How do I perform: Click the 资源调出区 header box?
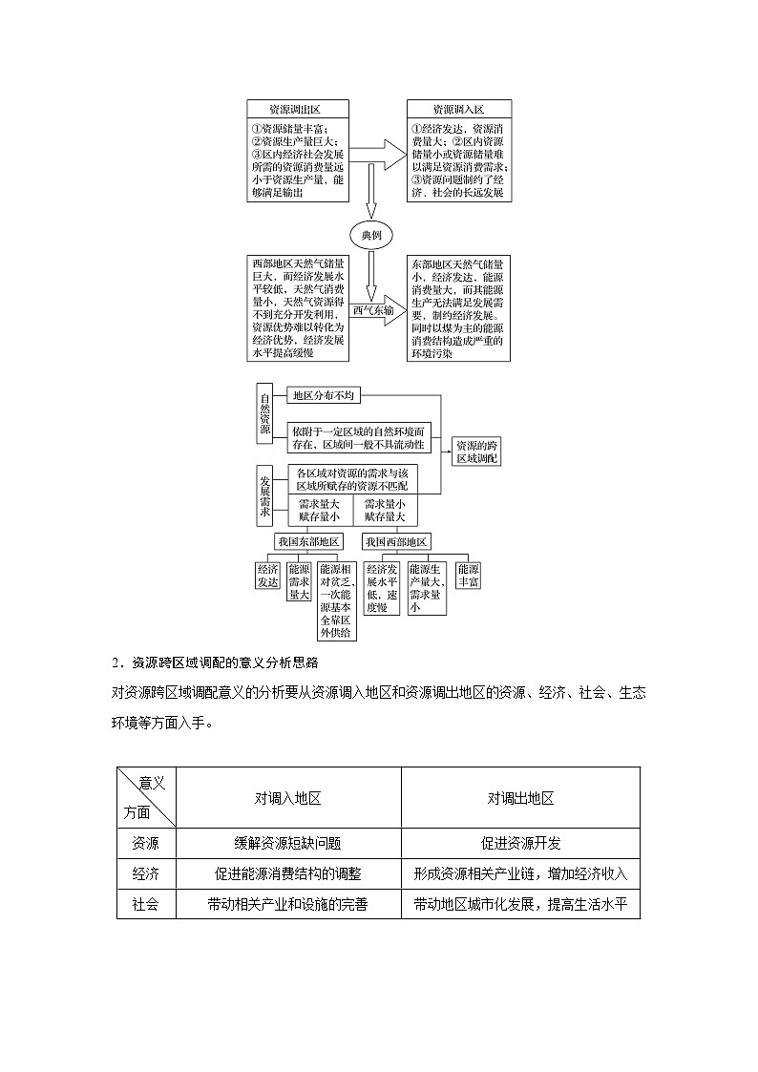tap(296, 110)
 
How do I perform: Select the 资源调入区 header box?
tap(458, 110)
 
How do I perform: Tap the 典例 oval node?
tap(372, 235)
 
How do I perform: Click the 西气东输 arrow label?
tap(372, 310)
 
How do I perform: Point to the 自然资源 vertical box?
tap(265, 412)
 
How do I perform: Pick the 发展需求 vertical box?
tap(265, 495)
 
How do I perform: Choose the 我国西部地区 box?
tap(395, 541)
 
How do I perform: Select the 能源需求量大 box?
tap(299, 580)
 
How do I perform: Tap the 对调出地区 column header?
tap(520, 798)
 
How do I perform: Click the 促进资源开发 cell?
tap(520, 843)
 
